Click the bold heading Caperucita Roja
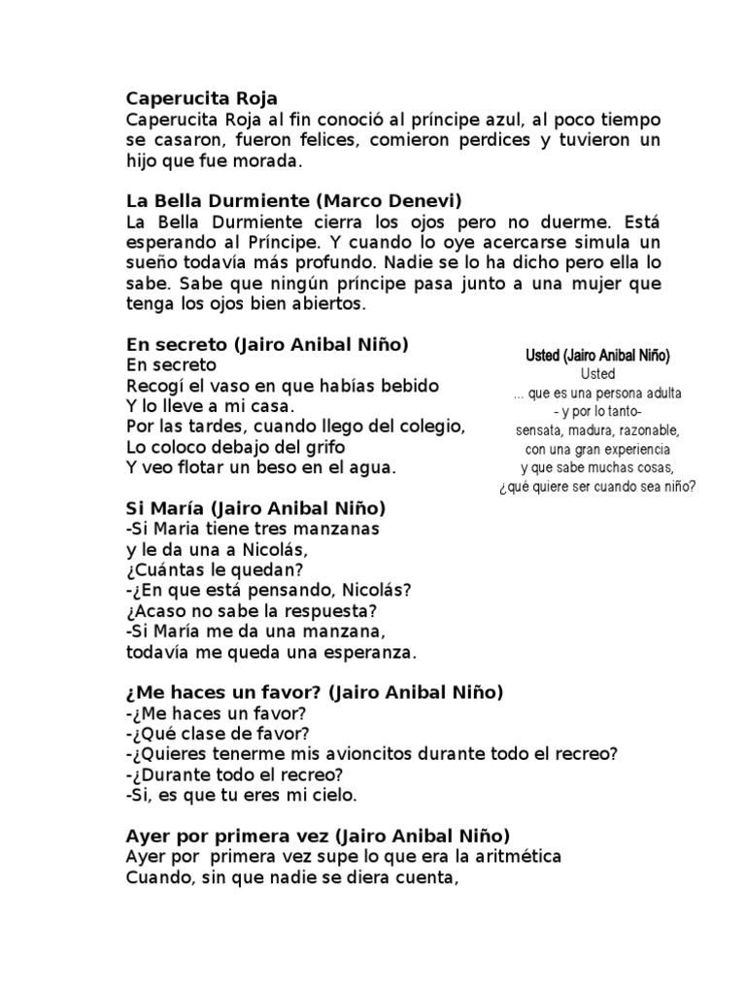(x=202, y=98)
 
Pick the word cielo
(x=334, y=795)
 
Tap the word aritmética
(x=509, y=857)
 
